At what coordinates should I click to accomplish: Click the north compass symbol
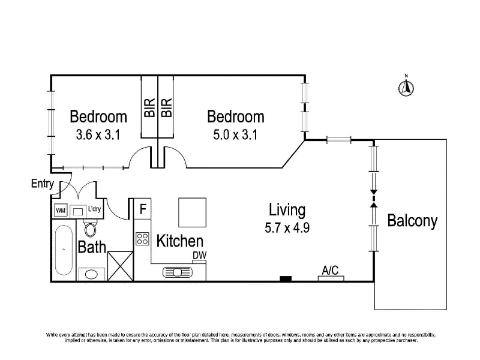pos(406,88)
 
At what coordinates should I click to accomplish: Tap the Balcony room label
pos(412,221)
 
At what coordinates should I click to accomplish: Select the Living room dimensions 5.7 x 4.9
pos(287,228)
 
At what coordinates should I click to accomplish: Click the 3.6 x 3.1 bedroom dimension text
pos(98,134)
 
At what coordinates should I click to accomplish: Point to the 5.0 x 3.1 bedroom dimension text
pos(235,134)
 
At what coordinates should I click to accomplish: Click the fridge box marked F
pos(143,209)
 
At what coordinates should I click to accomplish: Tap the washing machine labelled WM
pos(61,211)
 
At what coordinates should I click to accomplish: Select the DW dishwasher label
pos(200,256)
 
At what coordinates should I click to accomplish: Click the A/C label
pos(331,271)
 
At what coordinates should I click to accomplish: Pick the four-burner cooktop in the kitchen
pos(142,239)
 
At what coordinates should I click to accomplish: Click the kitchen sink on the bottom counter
pos(177,272)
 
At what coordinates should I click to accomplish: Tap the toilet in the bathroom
pos(91,229)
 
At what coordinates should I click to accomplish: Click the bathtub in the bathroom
pos(64,250)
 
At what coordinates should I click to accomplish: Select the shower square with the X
pos(121,266)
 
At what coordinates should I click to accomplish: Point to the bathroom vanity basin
pos(91,274)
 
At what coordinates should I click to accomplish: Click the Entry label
pos(43,184)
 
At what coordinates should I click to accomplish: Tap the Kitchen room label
pos(179,241)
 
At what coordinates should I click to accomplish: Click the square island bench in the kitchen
pos(192,212)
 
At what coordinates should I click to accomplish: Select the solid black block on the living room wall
pos(286,279)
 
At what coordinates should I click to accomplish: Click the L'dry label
pos(94,209)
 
